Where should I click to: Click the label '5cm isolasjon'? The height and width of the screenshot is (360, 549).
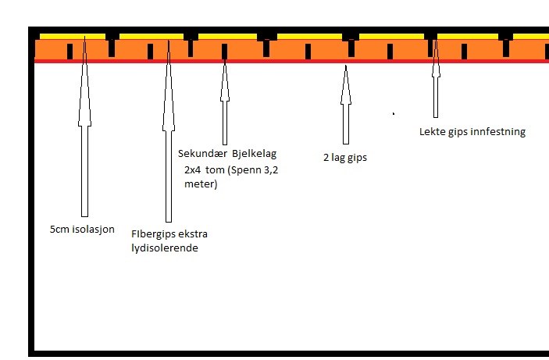coord(81,230)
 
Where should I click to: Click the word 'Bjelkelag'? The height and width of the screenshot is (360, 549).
coord(254,153)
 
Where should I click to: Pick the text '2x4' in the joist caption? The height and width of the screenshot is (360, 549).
coord(191,169)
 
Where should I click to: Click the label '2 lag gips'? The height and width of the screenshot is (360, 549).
coord(344,158)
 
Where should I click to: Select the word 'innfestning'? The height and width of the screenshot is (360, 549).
coord(499,132)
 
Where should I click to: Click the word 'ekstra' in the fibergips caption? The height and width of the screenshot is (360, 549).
coord(192,234)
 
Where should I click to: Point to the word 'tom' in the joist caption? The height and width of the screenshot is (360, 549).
coord(214,169)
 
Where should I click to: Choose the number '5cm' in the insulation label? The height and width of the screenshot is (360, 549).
coord(58,230)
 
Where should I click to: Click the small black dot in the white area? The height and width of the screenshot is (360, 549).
coord(393,113)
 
